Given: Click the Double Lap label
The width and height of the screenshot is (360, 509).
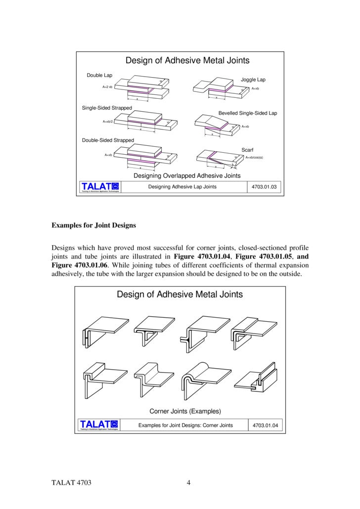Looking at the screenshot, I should (x=99, y=75).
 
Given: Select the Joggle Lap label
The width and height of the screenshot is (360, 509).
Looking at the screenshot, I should (x=253, y=79).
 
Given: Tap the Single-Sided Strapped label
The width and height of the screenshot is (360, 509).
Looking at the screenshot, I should (x=107, y=108).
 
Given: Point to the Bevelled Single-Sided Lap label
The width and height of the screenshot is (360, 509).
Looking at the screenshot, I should (x=248, y=113).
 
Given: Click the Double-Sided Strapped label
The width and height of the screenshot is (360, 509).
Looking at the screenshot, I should (x=108, y=140).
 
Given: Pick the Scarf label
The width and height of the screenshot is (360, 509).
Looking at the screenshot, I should (x=247, y=150).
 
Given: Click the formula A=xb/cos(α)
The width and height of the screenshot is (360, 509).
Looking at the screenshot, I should (x=254, y=158).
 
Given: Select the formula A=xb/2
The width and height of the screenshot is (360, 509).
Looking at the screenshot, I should (x=108, y=121).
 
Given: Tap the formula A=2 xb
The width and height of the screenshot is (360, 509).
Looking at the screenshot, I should (x=107, y=86).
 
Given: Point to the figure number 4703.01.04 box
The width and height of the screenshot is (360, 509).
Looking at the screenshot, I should (x=266, y=425).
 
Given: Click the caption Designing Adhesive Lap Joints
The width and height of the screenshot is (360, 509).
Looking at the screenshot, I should (x=182, y=187).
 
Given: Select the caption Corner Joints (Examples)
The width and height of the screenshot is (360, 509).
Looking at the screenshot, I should (x=185, y=411).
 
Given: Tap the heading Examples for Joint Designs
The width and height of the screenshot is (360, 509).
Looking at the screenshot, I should (x=93, y=225).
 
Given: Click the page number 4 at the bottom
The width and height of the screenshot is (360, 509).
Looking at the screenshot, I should (x=188, y=483).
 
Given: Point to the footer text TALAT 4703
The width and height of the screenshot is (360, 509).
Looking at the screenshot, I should (x=72, y=483).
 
